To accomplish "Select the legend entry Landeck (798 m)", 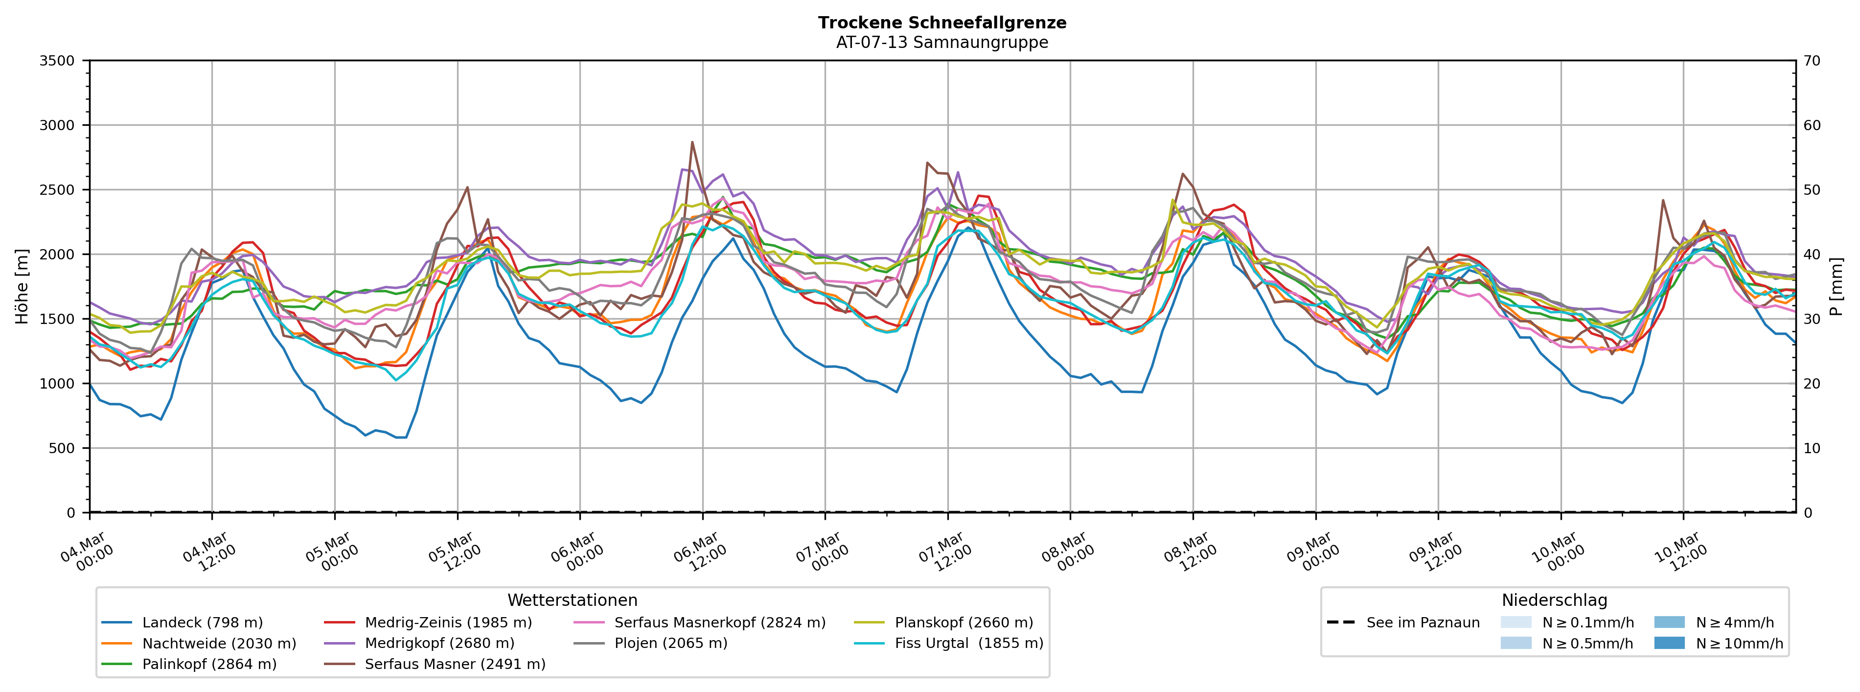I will pos(202,623).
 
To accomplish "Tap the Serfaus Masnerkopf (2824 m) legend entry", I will pos(719,623).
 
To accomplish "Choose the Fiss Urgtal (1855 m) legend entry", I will pos(968,643).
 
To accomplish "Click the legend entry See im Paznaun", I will pos(1423,623).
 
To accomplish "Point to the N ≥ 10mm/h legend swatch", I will pos(1669,643).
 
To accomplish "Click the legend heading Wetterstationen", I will pos(572,600).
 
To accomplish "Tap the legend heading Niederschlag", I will pos(1554,600).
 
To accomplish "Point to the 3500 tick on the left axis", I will pos(57,61).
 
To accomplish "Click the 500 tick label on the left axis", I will pos(62,448).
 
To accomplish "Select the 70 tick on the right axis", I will pos(1813,61).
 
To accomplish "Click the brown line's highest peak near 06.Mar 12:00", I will pos(692,142).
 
